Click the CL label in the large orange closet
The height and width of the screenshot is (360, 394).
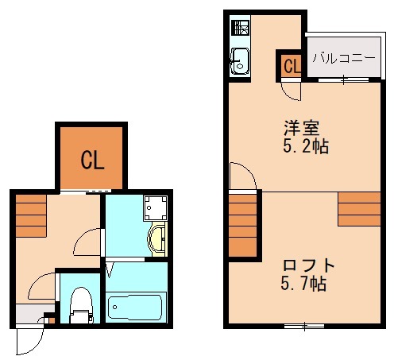click(x=91, y=161)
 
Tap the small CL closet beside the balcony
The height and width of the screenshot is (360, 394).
click(x=291, y=66)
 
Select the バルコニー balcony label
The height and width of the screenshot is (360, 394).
click(x=342, y=57)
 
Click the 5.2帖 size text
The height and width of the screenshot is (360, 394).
click(x=306, y=147)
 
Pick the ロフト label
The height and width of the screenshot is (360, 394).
click(x=309, y=265)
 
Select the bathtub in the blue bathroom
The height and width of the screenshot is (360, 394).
click(x=136, y=306)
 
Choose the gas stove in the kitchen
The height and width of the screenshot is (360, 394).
click(x=240, y=29)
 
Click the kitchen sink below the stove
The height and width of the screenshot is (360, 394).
click(x=240, y=60)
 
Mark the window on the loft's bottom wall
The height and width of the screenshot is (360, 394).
click(x=304, y=325)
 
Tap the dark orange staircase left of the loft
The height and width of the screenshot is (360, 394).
click(x=243, y=225)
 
